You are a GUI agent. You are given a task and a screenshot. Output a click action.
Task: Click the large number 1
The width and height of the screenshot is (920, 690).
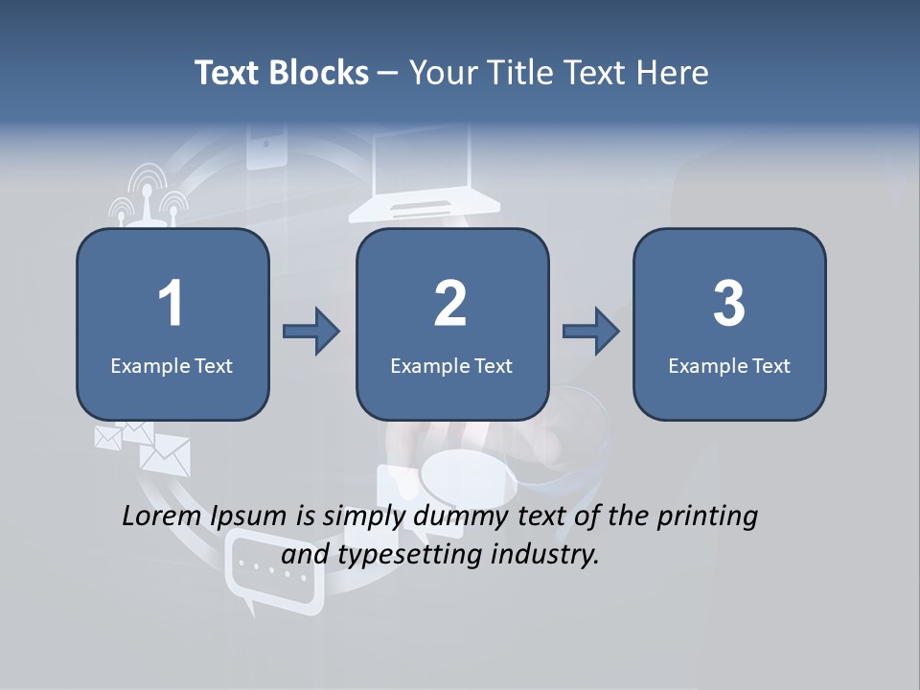point(171,304)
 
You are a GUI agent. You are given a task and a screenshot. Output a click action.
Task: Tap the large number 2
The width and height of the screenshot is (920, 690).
point(450,304)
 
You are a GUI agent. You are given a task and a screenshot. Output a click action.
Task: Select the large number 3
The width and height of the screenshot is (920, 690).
point(729,304)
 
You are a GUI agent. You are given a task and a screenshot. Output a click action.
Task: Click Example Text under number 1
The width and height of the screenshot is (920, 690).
point(172,365)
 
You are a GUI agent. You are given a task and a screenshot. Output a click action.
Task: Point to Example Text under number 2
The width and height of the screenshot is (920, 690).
point(451,365)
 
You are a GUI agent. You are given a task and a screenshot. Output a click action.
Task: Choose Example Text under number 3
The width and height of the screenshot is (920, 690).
point(729,365)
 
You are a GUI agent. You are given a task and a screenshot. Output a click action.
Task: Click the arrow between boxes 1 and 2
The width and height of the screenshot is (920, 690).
point(311,332)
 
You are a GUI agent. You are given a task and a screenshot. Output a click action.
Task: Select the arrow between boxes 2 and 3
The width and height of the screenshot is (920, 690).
point(591,332)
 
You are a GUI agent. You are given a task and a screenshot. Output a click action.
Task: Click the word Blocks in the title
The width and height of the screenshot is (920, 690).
point(321,73)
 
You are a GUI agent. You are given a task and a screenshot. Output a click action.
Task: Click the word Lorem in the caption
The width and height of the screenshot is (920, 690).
point(157,517)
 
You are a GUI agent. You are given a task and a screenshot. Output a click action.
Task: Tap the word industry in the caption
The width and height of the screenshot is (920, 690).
point(545,555)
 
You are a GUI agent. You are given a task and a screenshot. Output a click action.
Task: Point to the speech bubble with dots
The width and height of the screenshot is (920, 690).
point(274,572)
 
